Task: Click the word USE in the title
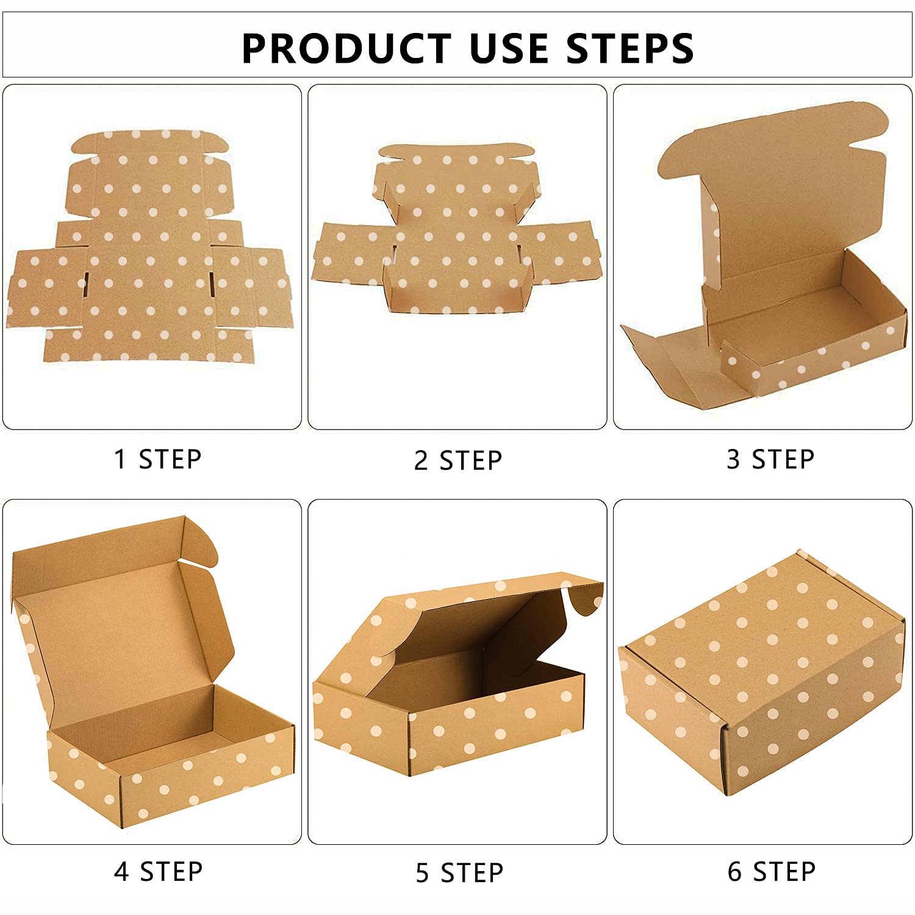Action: [511, 48]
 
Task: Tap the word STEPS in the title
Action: [630, 48]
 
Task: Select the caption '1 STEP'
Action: [157, 459]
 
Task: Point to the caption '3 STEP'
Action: [770, 459]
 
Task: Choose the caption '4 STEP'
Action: [157, 871]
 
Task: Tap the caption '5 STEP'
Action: [459, 872]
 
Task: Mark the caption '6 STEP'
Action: [771, 871]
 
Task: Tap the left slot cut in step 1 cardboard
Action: [86, 284]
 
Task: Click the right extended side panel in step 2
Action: [561, 250]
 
